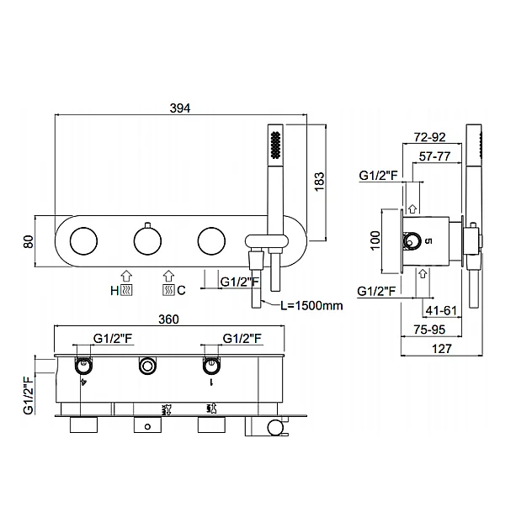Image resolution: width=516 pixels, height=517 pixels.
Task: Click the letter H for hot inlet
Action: point(114,291)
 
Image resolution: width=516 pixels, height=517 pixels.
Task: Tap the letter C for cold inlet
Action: point(181,291)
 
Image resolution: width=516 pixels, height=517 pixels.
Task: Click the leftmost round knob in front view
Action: point(82,241)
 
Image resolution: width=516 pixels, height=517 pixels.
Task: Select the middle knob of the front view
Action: point(147,241)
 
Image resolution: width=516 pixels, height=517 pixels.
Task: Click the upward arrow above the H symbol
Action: point(126,275)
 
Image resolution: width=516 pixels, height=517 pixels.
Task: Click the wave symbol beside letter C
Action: point(168,291)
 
